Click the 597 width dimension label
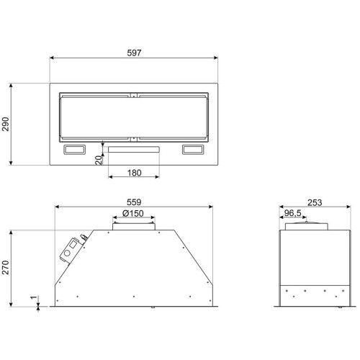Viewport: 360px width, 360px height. point(134,53)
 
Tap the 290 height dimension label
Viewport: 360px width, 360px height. point(6,124)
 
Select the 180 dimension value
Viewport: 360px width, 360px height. point(134,173)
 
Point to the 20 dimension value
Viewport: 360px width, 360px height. point(99,160)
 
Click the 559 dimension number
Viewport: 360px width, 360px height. point(134,202)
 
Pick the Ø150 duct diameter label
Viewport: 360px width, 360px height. point(133,213)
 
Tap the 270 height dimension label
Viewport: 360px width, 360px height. point(6,268)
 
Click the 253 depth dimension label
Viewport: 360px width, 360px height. point(315,203)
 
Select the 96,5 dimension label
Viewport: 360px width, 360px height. point(292,213)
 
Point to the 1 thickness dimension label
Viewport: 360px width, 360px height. point(34,298)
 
